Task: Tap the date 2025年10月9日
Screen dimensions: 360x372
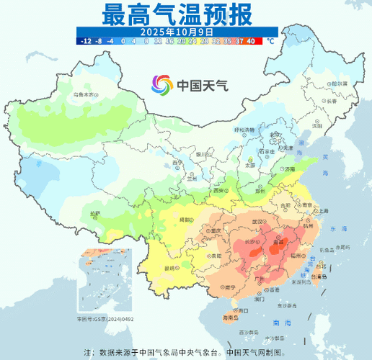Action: click(x=177, y=32)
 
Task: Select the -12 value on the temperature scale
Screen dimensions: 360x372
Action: click(x=86, y=41)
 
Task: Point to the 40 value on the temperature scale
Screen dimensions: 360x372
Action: click(x=249, y=41)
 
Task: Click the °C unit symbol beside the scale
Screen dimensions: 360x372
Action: click(x=270, y=41)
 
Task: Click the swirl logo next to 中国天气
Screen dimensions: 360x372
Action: click(x=161, y=85)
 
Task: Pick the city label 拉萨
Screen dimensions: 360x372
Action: click(x=95, y=214)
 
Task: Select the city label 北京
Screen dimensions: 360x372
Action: click(x=273, y=135)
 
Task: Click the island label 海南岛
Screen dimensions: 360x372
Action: click(x=230, y=317)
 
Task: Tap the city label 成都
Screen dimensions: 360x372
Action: click(x=185, y=219)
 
